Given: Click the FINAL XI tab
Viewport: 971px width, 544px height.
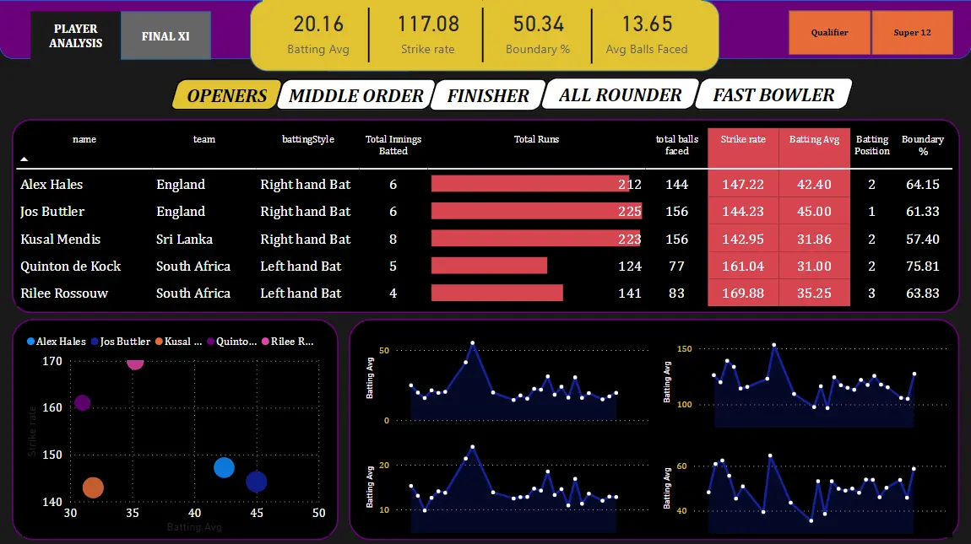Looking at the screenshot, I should [x=165, y=36].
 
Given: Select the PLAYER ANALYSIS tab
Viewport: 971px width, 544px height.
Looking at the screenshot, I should [x=75, y=36].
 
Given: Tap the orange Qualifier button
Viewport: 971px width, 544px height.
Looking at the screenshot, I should [x=829, y=33].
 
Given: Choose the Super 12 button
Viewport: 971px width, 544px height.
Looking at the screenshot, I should [x=912, y=33].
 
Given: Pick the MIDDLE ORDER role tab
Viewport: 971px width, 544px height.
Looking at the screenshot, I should [x=355, y=95].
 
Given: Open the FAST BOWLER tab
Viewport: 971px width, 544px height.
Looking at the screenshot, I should [x=773, y=94].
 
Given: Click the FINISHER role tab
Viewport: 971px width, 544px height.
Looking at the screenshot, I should [x=487, y=95].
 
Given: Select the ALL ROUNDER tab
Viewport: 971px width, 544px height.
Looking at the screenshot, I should [x=620, y=94].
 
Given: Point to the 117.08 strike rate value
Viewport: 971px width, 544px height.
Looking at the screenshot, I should [x=428, y=24].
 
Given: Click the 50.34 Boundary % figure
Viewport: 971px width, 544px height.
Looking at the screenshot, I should [x=538, y=24].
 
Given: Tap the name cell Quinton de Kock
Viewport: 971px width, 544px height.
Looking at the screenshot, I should [x=71, y=267].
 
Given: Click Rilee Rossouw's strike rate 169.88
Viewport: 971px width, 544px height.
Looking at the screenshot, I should [x=744, y=294].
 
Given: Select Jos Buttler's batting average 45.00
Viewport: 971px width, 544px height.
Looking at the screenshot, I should [x=814, y=212].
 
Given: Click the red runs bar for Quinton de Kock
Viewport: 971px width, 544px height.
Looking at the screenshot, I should [x=489, y=267].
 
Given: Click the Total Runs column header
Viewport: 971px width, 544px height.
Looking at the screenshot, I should [x=536, y=139].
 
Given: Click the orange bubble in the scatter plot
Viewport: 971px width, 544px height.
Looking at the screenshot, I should [x=93, y=487].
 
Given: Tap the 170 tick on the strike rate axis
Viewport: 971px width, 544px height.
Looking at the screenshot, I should [x=52, y=361].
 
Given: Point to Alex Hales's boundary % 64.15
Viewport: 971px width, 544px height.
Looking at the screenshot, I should [x=922, y=185].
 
